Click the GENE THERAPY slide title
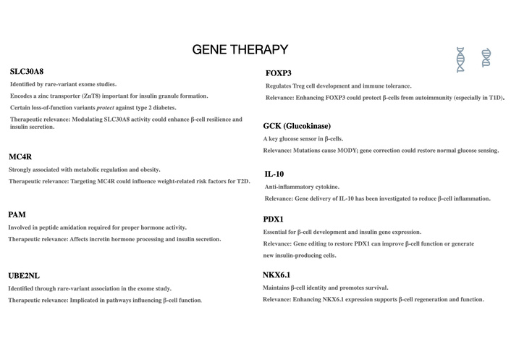(240, 50)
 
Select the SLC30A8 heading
(27, 72)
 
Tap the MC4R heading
(20, 156)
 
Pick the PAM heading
(17, 215)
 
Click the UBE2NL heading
(25, 276)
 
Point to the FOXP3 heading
(279, 74)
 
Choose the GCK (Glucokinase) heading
(297, 126)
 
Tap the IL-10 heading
(274, 175)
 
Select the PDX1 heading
(274, 219)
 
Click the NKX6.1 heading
(276, 275)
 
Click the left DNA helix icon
(460, 60)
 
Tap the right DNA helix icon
(486, 57)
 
